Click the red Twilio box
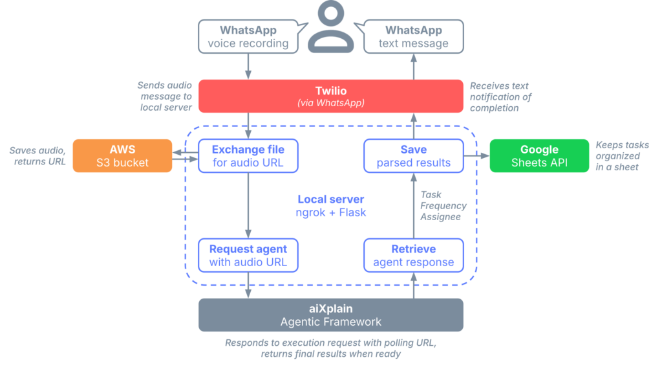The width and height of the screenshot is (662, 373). (x=330, y=96)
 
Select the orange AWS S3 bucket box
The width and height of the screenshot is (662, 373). (x=122, y=156)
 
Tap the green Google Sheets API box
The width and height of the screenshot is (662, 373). (x=539, y=156)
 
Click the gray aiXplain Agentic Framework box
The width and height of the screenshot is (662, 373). (x=330, y=315)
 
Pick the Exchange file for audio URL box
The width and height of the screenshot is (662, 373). (x=248, y=156)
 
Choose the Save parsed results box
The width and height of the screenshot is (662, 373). (x=413, y=156)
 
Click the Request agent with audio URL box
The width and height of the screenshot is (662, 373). (x=248, y=255)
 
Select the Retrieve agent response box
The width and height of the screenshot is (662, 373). (x=413, y=255)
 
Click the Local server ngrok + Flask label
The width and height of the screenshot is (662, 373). (x=330, y=205)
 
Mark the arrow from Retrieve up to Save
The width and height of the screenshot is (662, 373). (x=413, y=205)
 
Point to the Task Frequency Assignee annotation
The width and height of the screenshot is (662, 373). (x=443, y=205)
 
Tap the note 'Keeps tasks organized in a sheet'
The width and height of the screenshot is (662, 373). (x=621, y=156)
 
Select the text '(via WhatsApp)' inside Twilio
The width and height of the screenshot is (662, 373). (x=330, y=104)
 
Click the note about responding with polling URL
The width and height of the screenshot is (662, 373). (x=330, y=348)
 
